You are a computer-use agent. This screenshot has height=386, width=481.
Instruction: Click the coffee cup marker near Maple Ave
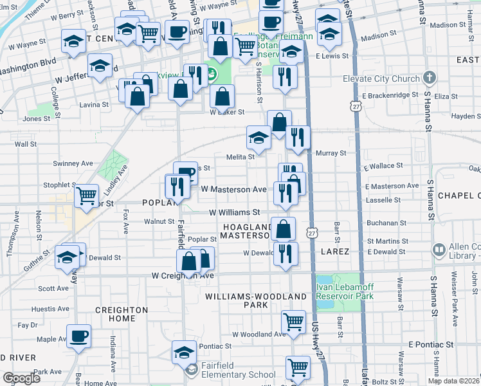(x=78, y=336)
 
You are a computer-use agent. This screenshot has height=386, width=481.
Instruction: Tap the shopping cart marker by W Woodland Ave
(x=293, y=321)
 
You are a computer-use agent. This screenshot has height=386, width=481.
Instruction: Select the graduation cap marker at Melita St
(x=259, y=137)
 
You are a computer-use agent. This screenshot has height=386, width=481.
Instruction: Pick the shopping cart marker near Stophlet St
(x=86, y=195)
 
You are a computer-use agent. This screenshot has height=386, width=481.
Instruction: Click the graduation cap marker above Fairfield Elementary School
(x=184, y=352)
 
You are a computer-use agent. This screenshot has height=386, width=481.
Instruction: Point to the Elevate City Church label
(x=381, y=80)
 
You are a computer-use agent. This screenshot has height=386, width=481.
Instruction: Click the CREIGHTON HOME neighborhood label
(x=121, y=315)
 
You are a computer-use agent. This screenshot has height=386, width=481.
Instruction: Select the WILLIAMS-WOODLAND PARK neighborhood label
(x=255, y=300)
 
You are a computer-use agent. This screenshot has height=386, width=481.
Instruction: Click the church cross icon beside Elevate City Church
(x=430, y=79)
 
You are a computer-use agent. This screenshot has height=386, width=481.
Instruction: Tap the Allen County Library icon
(x=439, y=249)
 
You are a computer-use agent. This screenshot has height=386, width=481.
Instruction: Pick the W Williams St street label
(x=234, y=212)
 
